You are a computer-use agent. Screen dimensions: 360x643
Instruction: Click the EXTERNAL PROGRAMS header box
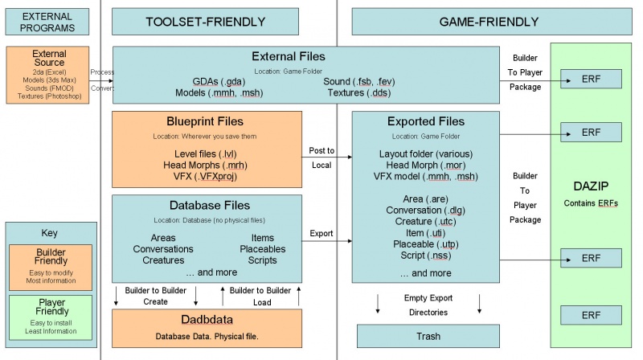click(47, 22)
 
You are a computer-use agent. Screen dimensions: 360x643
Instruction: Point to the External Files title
click(289, 56)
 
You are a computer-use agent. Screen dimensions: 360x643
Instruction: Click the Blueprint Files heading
click(207, 121)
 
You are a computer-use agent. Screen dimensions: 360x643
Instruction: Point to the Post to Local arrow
click(326, 157)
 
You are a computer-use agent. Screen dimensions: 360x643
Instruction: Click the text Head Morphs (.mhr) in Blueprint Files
click(207, 164)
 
